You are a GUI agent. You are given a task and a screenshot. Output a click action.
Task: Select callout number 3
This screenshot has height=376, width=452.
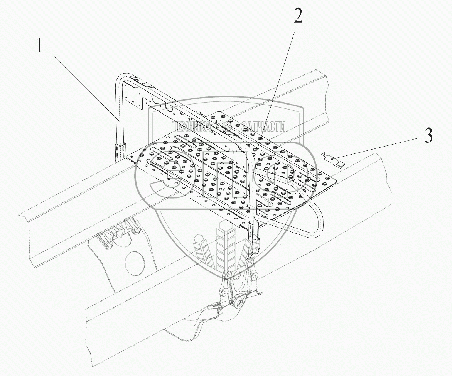428,137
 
